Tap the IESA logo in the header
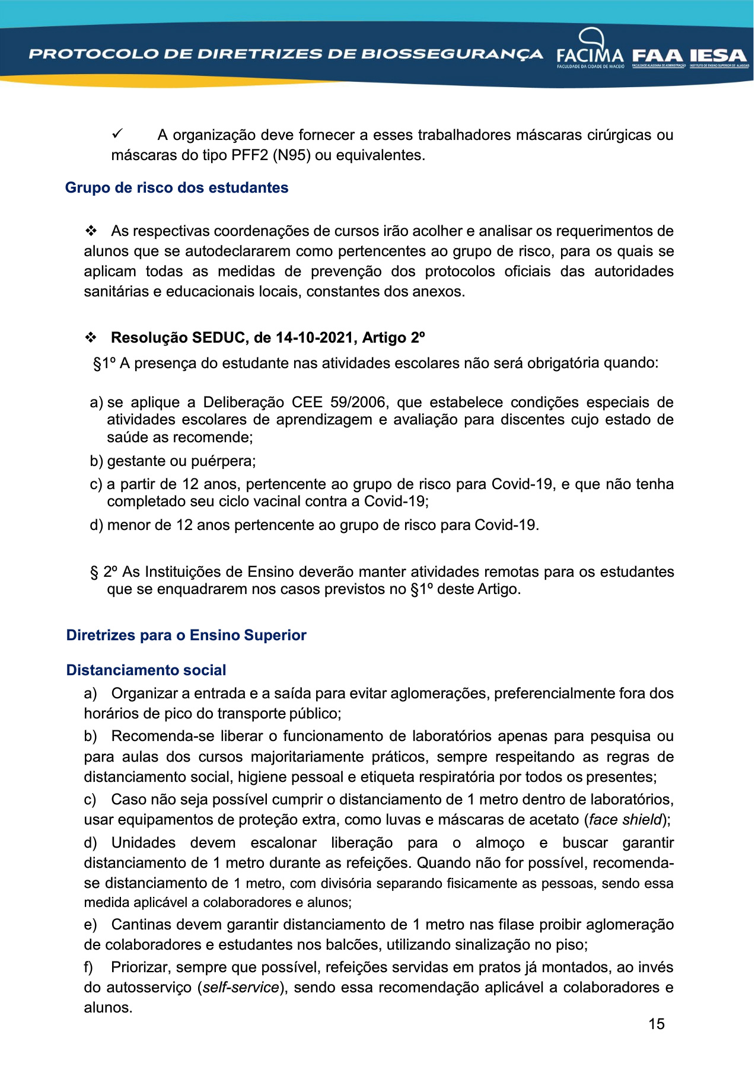[x=718, y=57]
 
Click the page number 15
[x=657, y=1024]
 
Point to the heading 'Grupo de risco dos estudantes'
[x=177, y=188]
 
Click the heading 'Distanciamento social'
[x=146, y=670]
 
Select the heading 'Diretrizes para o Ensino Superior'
[x=186, y=635]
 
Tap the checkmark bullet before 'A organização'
[x=117, y=135]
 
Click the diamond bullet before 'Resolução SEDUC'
[x=91, y=338]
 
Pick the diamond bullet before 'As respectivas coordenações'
[x=91, y=231]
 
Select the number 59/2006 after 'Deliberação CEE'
[x=358, y=402]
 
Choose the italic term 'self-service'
[x=241, y=988]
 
